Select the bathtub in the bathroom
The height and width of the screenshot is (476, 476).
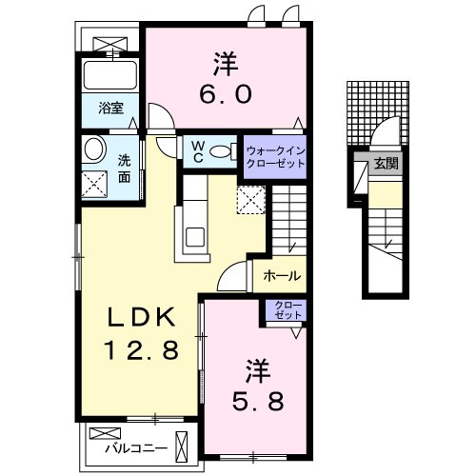(x=111, y=74)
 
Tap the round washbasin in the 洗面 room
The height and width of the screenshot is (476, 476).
(x=94, y=149)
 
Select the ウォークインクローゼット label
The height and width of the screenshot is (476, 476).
(x=275, y=156)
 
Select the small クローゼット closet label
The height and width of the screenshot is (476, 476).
(x=287, y=309)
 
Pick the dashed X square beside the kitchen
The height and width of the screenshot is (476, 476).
(x=249, y=198)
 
